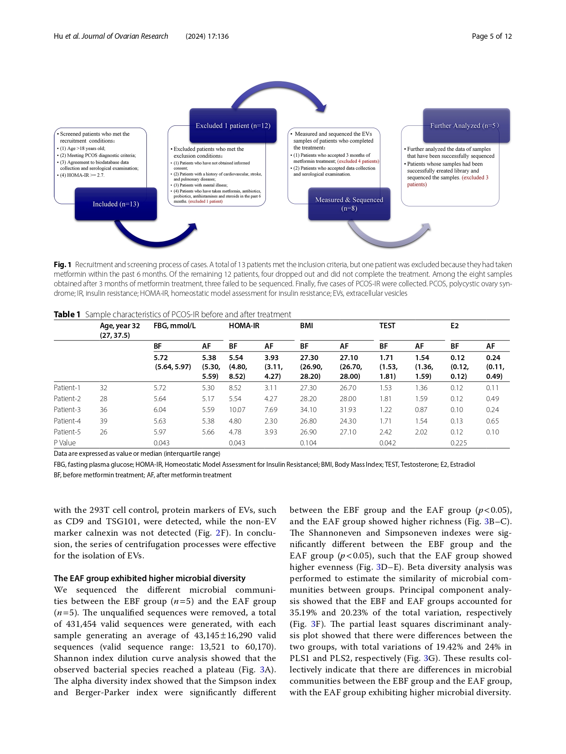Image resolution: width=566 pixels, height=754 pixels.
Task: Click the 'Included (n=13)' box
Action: (116, 204)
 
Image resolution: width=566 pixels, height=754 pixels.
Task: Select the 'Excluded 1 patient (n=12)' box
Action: (233, 125)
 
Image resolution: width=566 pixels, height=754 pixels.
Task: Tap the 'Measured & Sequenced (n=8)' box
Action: (349, 204)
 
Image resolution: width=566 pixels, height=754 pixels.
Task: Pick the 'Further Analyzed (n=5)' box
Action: (466, 125)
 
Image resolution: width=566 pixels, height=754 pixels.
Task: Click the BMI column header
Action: (306, 325)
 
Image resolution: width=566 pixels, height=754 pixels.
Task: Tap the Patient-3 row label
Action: (67, 410)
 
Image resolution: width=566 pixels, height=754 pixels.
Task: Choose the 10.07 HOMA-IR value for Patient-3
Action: (237, 410)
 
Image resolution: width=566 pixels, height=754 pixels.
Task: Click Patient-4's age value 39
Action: (104, 421)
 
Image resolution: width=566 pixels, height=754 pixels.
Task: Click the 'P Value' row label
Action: (65, 443)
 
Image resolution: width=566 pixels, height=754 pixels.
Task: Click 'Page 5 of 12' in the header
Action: (492, 36)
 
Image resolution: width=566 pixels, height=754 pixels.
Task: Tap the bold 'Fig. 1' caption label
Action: (62, 264)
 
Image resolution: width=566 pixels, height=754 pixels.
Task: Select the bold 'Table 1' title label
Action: (67, 315)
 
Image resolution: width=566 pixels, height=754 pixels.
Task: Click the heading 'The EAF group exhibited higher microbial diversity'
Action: (150, 578)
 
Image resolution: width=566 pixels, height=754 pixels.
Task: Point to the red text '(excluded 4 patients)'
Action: (358, 161)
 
